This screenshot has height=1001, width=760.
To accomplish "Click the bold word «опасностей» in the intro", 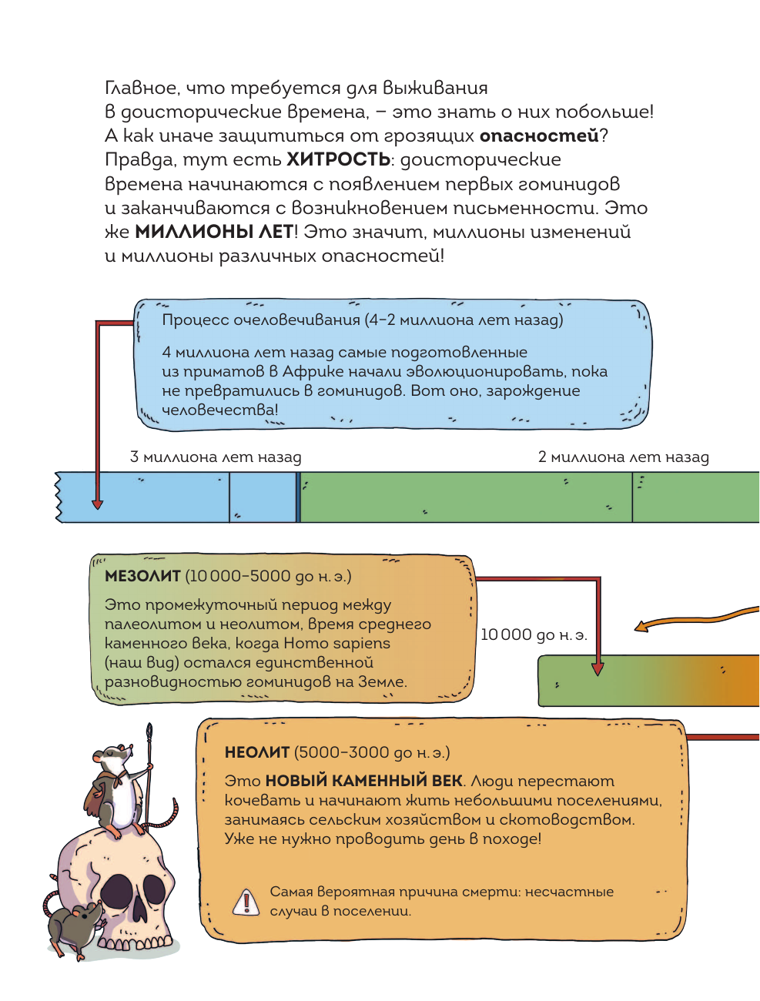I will pyautogui.click(x=539, y=136).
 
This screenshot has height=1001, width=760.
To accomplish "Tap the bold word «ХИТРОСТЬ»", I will pyautogui.click(x=338, y=160).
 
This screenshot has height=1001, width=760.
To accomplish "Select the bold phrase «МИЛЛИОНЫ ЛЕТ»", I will pyautogui.click(x=214, y=232).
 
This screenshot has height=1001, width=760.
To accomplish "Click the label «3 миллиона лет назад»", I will pyautogui.click(x=216, y=457).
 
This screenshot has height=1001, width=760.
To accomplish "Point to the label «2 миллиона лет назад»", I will pyautogui.click(x=623, y=457).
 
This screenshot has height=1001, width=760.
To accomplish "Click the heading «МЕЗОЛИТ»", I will pyautogui.click(x=142, y=576).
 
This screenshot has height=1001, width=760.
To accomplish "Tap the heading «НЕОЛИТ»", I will pyautogui.click(x=256, y=752).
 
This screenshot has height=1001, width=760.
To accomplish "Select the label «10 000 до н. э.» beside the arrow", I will pyautogui.click(x=534, y=635).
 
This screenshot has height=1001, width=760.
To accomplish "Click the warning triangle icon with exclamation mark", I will pyautogui.click(x=246, y=901).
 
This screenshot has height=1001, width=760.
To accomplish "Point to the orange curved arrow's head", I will pyautogui.click(x=641, y=626).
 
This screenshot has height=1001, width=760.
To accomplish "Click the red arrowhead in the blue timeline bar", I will pyautogui.click(x=97, y=504).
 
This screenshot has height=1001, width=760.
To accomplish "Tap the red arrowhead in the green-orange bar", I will pyautogui.click(x=598, y=669).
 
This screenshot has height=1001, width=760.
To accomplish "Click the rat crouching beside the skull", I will pyautogui.click(x=73, y=924).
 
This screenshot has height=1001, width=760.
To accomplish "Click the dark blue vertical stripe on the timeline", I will pyautogui.click(x=298, y=497).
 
